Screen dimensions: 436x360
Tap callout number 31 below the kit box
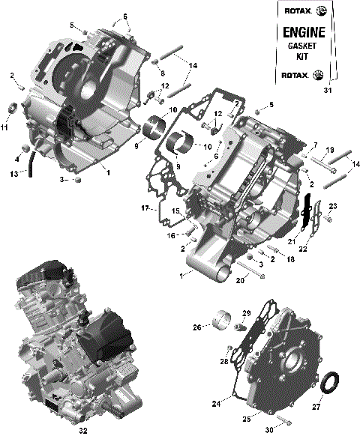(x=326, y=91)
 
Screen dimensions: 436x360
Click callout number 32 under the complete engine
(x=82, y=431)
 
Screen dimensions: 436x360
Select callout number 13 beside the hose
(x=14, y=175)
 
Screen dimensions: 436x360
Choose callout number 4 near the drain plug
(x=16, y=158)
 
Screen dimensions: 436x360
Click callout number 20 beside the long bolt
(x=241, y=281)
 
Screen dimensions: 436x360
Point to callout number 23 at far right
(x=334, y=206)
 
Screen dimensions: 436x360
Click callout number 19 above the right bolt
(x=330, y=150)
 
